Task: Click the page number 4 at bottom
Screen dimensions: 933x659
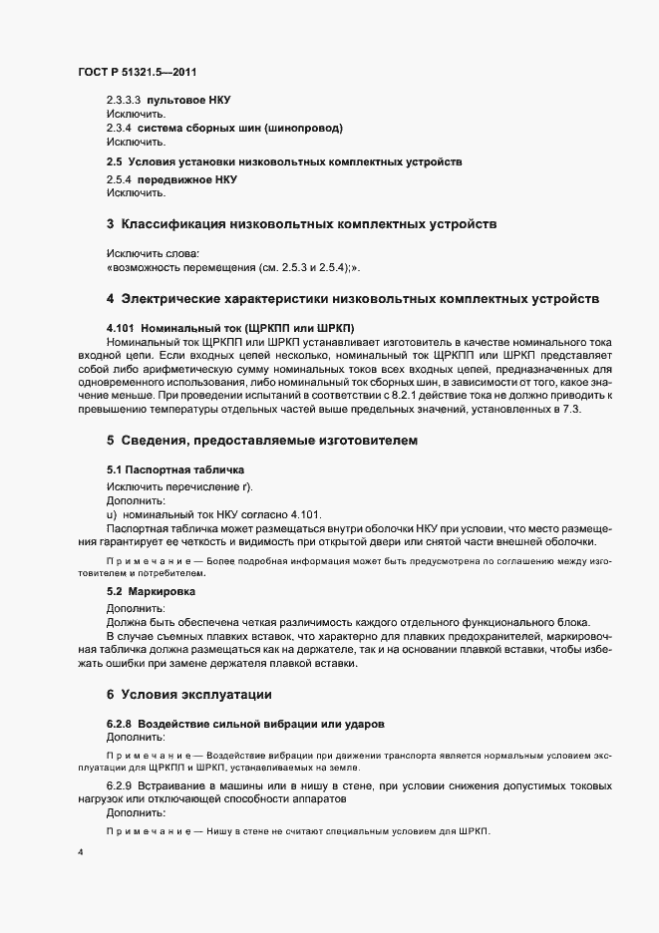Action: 80,854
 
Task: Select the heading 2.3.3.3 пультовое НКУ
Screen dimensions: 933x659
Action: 168,101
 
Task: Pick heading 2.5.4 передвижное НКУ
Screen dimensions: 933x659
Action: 171,179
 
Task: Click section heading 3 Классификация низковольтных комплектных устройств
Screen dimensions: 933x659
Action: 301,223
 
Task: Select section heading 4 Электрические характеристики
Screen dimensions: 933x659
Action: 352,298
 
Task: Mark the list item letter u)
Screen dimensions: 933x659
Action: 112,513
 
